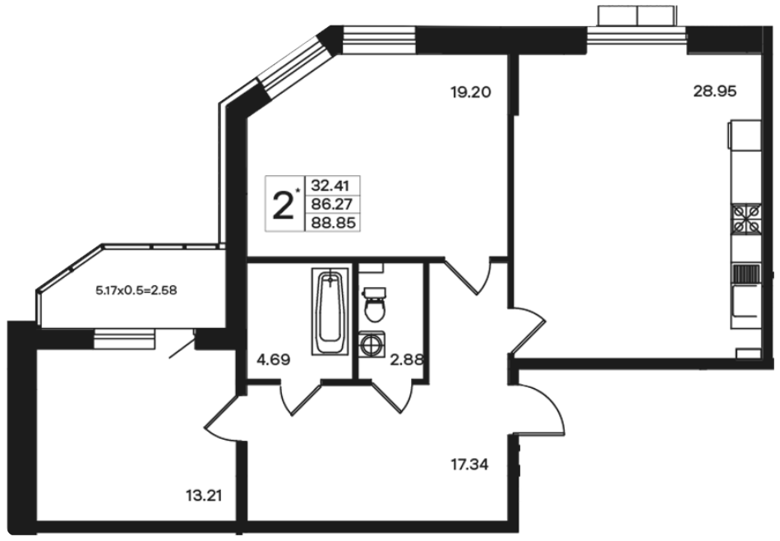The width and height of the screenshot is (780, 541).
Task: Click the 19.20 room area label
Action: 470,92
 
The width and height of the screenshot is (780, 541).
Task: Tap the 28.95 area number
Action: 715,91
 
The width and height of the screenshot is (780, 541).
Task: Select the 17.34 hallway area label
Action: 469,465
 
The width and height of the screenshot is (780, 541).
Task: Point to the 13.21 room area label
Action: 204,496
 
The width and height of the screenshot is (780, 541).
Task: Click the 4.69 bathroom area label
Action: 273,359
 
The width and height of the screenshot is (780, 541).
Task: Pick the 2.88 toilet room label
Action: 406,359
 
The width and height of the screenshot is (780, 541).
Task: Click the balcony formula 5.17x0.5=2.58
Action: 136,290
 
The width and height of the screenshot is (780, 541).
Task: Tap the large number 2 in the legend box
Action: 283,206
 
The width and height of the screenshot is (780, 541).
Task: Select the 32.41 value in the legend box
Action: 330,186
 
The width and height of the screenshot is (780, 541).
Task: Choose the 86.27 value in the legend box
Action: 331,204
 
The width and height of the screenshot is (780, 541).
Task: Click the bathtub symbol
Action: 330,312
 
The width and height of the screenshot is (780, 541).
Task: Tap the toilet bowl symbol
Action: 374,304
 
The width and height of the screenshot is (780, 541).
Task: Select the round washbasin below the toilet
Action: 371,344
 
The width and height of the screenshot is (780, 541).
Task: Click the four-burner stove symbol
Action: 746,220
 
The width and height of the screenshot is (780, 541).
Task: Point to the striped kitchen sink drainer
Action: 746,275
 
